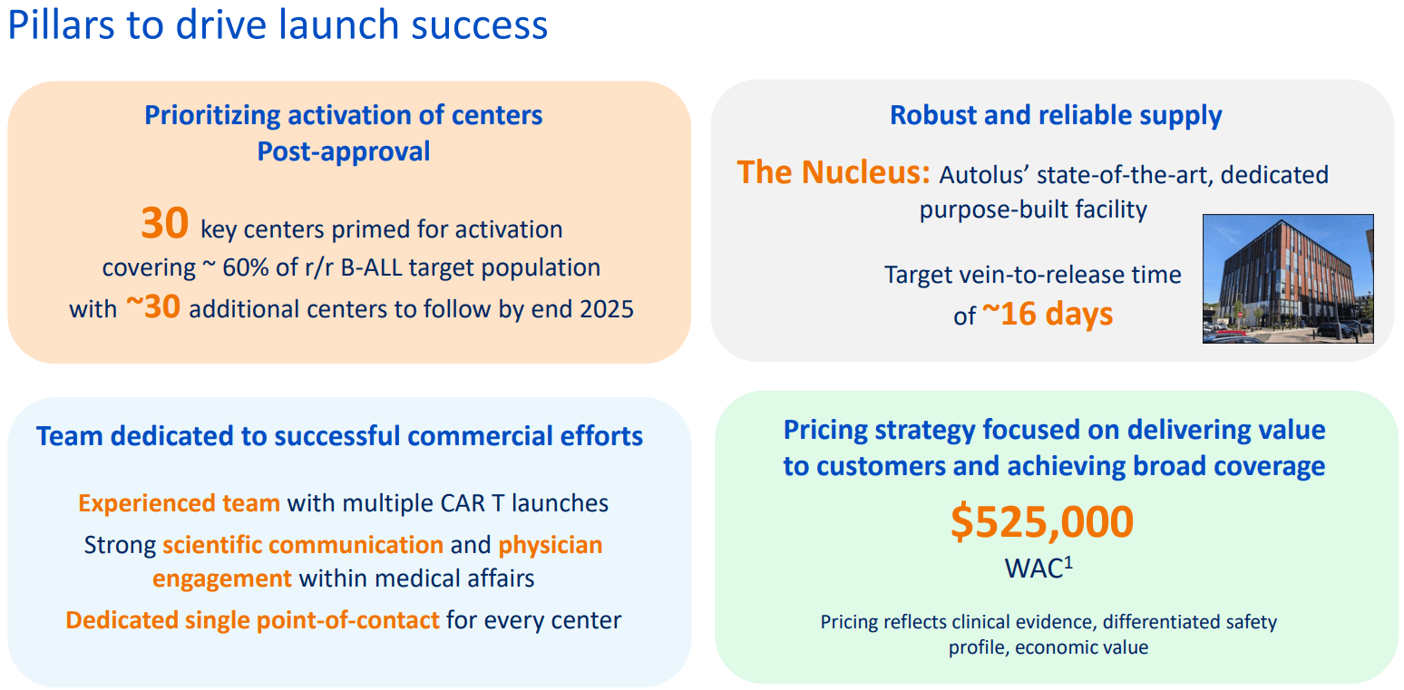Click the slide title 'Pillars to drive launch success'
[x=278, y=26]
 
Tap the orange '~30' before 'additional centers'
[x=152, y=307]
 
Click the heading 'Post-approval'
[x=344, y=151]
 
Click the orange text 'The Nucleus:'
[x=834, y=172]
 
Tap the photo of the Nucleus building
[x=1287, y=278]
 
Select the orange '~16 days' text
[x=1047, y=314]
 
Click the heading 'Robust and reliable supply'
[x=1056, y=115]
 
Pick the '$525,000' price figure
[x=1042, y=523]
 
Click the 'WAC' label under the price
[x=1033, y=569]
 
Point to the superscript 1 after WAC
[x=1068, y=562]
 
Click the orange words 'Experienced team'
[x=179, y=503]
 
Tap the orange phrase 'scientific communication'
[x=303, y=545]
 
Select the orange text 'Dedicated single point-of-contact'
[x=252, y=621]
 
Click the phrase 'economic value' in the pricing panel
[x=1081, y=648]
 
